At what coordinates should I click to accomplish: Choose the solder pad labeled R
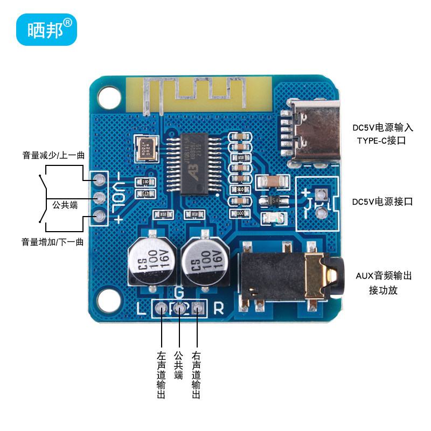click(198, 308)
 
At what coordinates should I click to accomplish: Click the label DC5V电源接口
click(382, 202)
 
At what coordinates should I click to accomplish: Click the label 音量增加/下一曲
click(53, 241)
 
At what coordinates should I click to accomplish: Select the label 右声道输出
click(196, 375)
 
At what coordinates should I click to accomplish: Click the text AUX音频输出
click(383, 276)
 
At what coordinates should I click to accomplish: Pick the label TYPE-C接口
click(380, 141)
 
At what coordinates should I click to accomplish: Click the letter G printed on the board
click(179, 293)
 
